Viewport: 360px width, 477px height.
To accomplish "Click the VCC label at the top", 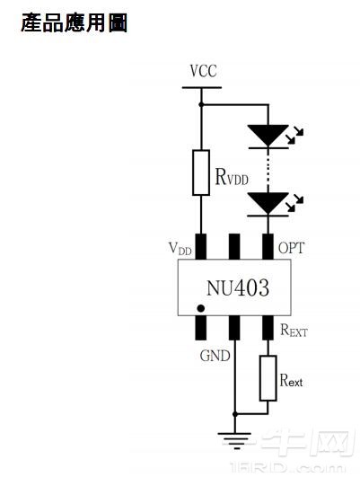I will coord(203,71).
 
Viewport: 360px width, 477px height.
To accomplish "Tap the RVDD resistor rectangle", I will coord(201,172).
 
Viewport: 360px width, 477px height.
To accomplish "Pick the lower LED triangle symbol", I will coord(268,203).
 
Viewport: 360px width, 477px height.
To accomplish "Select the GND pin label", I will coord(215,356).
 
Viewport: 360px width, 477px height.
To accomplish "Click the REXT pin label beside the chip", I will coord(294,331).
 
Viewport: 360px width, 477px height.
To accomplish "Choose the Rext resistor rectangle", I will coord(267,378).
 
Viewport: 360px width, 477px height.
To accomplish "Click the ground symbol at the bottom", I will coord(234,440).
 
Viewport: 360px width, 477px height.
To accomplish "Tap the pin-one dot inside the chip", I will coord(201,308).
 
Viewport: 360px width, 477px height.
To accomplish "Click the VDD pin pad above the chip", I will coord(201,245).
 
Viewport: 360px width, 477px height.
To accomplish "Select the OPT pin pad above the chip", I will coord(267,245).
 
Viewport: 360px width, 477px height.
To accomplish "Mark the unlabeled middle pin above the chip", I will coord(234,245).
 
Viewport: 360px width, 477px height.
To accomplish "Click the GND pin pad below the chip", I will coord(234,327).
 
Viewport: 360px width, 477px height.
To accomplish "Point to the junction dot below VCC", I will coord(201,105).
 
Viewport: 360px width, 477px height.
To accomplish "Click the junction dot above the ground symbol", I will coord(234,414).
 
